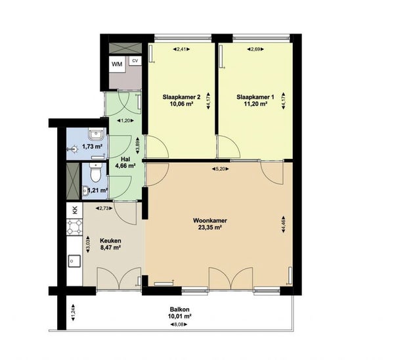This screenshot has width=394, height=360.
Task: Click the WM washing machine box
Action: [117, 64]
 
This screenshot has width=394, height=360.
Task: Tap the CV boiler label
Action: [135, 60]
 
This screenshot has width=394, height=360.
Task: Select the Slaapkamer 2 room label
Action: [181, 97]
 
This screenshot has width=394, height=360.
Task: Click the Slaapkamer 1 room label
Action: [255, 97]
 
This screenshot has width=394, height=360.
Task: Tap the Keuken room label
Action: [110, 240]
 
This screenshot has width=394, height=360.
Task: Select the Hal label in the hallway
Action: [125, 158]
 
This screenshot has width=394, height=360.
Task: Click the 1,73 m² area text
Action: [93, 146]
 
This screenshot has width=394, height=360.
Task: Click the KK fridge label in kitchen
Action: [74, 210]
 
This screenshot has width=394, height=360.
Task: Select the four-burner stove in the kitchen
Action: [74, 229]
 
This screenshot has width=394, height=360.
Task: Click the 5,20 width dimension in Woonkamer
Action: [220, 169]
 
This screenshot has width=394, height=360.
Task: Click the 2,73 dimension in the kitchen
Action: [103, 208]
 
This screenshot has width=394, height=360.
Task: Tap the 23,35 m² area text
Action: [209, 228]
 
